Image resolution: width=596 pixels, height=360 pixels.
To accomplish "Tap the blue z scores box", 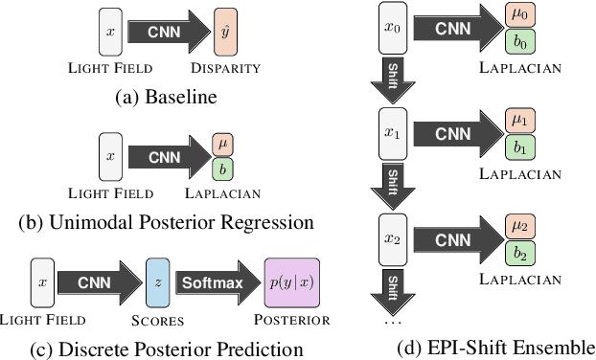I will point(156,282).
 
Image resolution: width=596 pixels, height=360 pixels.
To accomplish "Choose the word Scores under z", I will point(157,320).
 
